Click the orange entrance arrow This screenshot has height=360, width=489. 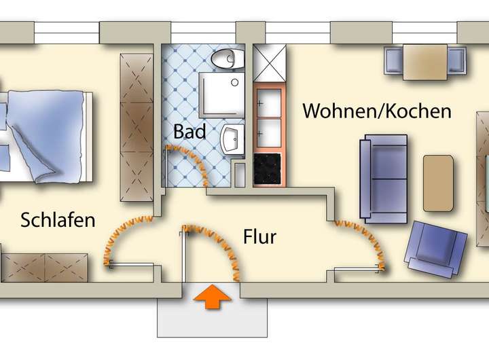[x=213, y=297]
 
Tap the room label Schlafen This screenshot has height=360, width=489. [x=58, y=220]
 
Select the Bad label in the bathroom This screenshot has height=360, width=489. [x=189, y=131]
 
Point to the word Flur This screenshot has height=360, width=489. [x=259, y=237]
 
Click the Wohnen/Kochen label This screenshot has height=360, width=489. [x=377, y=111]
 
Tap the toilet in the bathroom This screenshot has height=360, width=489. [x=228, y=58]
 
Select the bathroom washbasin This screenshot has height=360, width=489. [x=232, y=139]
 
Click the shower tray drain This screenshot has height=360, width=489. [x=235, y=82]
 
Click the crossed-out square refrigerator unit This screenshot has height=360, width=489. [x=270, y=62]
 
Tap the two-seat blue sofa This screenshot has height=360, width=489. [x=384, y=179]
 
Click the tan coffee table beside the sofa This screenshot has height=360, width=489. [x=438, y=183]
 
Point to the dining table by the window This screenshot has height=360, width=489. [x=425, y=62]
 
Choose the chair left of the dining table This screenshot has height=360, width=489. [x=394, y=60]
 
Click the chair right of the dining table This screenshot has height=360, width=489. [x=457, y=60]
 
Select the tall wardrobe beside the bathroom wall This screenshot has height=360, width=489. [x=137, y=127]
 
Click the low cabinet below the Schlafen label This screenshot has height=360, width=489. [x=45, y=268]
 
